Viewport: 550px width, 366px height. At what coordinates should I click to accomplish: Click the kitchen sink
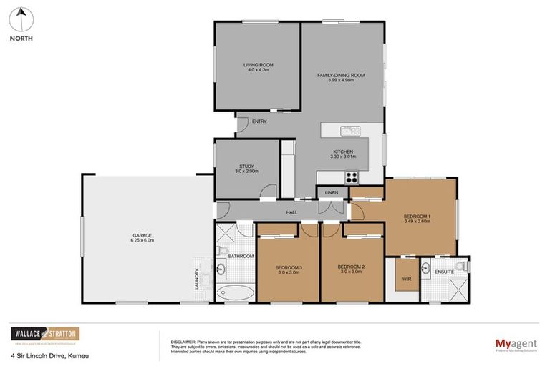click(350, 131)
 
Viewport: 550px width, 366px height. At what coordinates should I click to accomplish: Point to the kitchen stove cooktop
click(352, 177)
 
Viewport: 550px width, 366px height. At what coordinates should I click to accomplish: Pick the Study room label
click(246, 169)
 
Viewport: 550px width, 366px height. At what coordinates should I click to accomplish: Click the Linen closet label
click(331, 193)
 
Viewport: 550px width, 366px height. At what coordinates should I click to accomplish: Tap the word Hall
click(292, 212)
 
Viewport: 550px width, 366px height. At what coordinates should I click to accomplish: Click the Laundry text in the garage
click(196, 279)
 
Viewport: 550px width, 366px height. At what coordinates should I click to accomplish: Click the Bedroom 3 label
click(289, 269)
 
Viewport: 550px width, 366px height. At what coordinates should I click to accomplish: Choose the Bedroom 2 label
click(352, 269)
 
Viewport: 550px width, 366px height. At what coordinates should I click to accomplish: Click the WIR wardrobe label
click(406, 279)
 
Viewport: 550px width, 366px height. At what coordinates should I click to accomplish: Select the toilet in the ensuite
click(464, 266)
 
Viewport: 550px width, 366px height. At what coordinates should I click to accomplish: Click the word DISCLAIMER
click(182, 341)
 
